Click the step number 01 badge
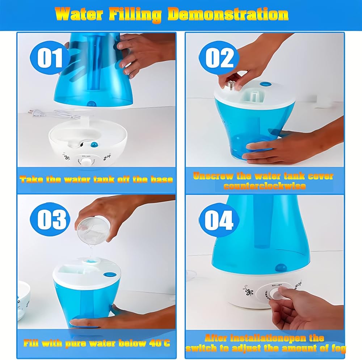tap(50, 58)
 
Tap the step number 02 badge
tap(219, 58)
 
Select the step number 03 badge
tap(50, 219)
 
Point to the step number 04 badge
tap(219, 219)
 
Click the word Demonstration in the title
tap(228, 14)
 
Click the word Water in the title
tap(79, 14)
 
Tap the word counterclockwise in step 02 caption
tap(265, 186)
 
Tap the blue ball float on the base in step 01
tap(94, 145)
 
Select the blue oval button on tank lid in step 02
tap(265, 84)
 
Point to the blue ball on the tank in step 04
tap(281, 267)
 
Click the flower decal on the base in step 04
tap(248, 291)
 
